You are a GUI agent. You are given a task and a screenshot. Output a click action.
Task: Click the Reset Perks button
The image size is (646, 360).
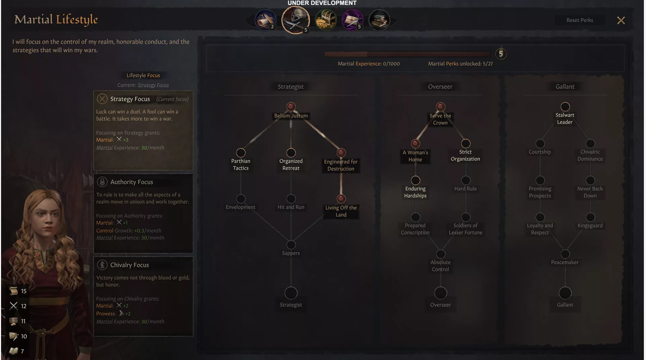579,20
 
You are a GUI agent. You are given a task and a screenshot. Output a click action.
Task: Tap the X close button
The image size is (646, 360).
621,21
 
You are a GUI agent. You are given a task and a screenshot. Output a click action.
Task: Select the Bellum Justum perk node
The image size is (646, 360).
291,107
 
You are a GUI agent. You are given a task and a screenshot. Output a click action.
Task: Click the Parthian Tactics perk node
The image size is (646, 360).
241,153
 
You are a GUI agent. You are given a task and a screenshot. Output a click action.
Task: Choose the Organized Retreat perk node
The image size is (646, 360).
291,153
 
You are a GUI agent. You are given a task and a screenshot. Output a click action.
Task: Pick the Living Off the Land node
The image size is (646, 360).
341,199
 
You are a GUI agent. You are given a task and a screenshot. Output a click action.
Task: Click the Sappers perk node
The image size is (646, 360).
291,245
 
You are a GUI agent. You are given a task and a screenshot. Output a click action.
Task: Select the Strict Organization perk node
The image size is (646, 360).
466,144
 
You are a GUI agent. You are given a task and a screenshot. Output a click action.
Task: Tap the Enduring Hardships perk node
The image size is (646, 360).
415,180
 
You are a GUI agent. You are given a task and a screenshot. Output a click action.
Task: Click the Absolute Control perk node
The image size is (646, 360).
440,254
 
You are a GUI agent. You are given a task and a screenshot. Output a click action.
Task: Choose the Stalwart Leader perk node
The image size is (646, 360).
565,107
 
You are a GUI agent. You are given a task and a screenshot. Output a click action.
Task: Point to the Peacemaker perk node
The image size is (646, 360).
565,254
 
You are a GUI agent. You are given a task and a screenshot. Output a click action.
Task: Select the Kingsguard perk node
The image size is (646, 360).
590,217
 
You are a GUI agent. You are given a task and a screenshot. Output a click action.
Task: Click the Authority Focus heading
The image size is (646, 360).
131,182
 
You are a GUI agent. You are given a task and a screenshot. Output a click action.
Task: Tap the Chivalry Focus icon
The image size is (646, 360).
102,265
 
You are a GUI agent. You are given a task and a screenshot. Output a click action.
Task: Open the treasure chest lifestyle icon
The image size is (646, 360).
326,20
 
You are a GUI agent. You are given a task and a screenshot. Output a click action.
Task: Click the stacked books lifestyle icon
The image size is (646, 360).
379,20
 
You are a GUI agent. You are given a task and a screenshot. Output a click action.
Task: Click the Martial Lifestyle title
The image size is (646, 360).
56,19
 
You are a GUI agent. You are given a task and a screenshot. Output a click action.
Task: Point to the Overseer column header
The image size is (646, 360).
440,87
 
